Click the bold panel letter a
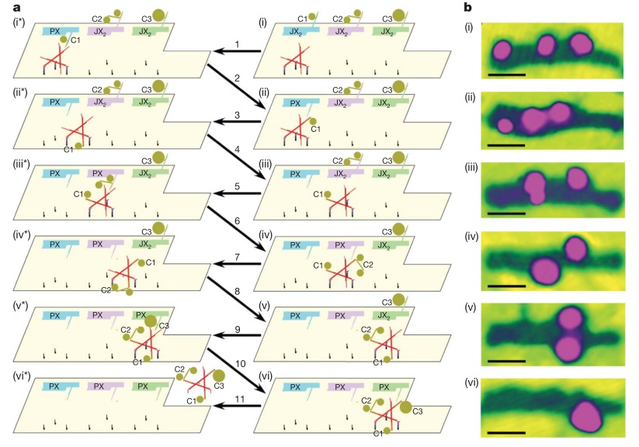point(9,7)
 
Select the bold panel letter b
point(467,7)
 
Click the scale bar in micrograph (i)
point(508,74)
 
